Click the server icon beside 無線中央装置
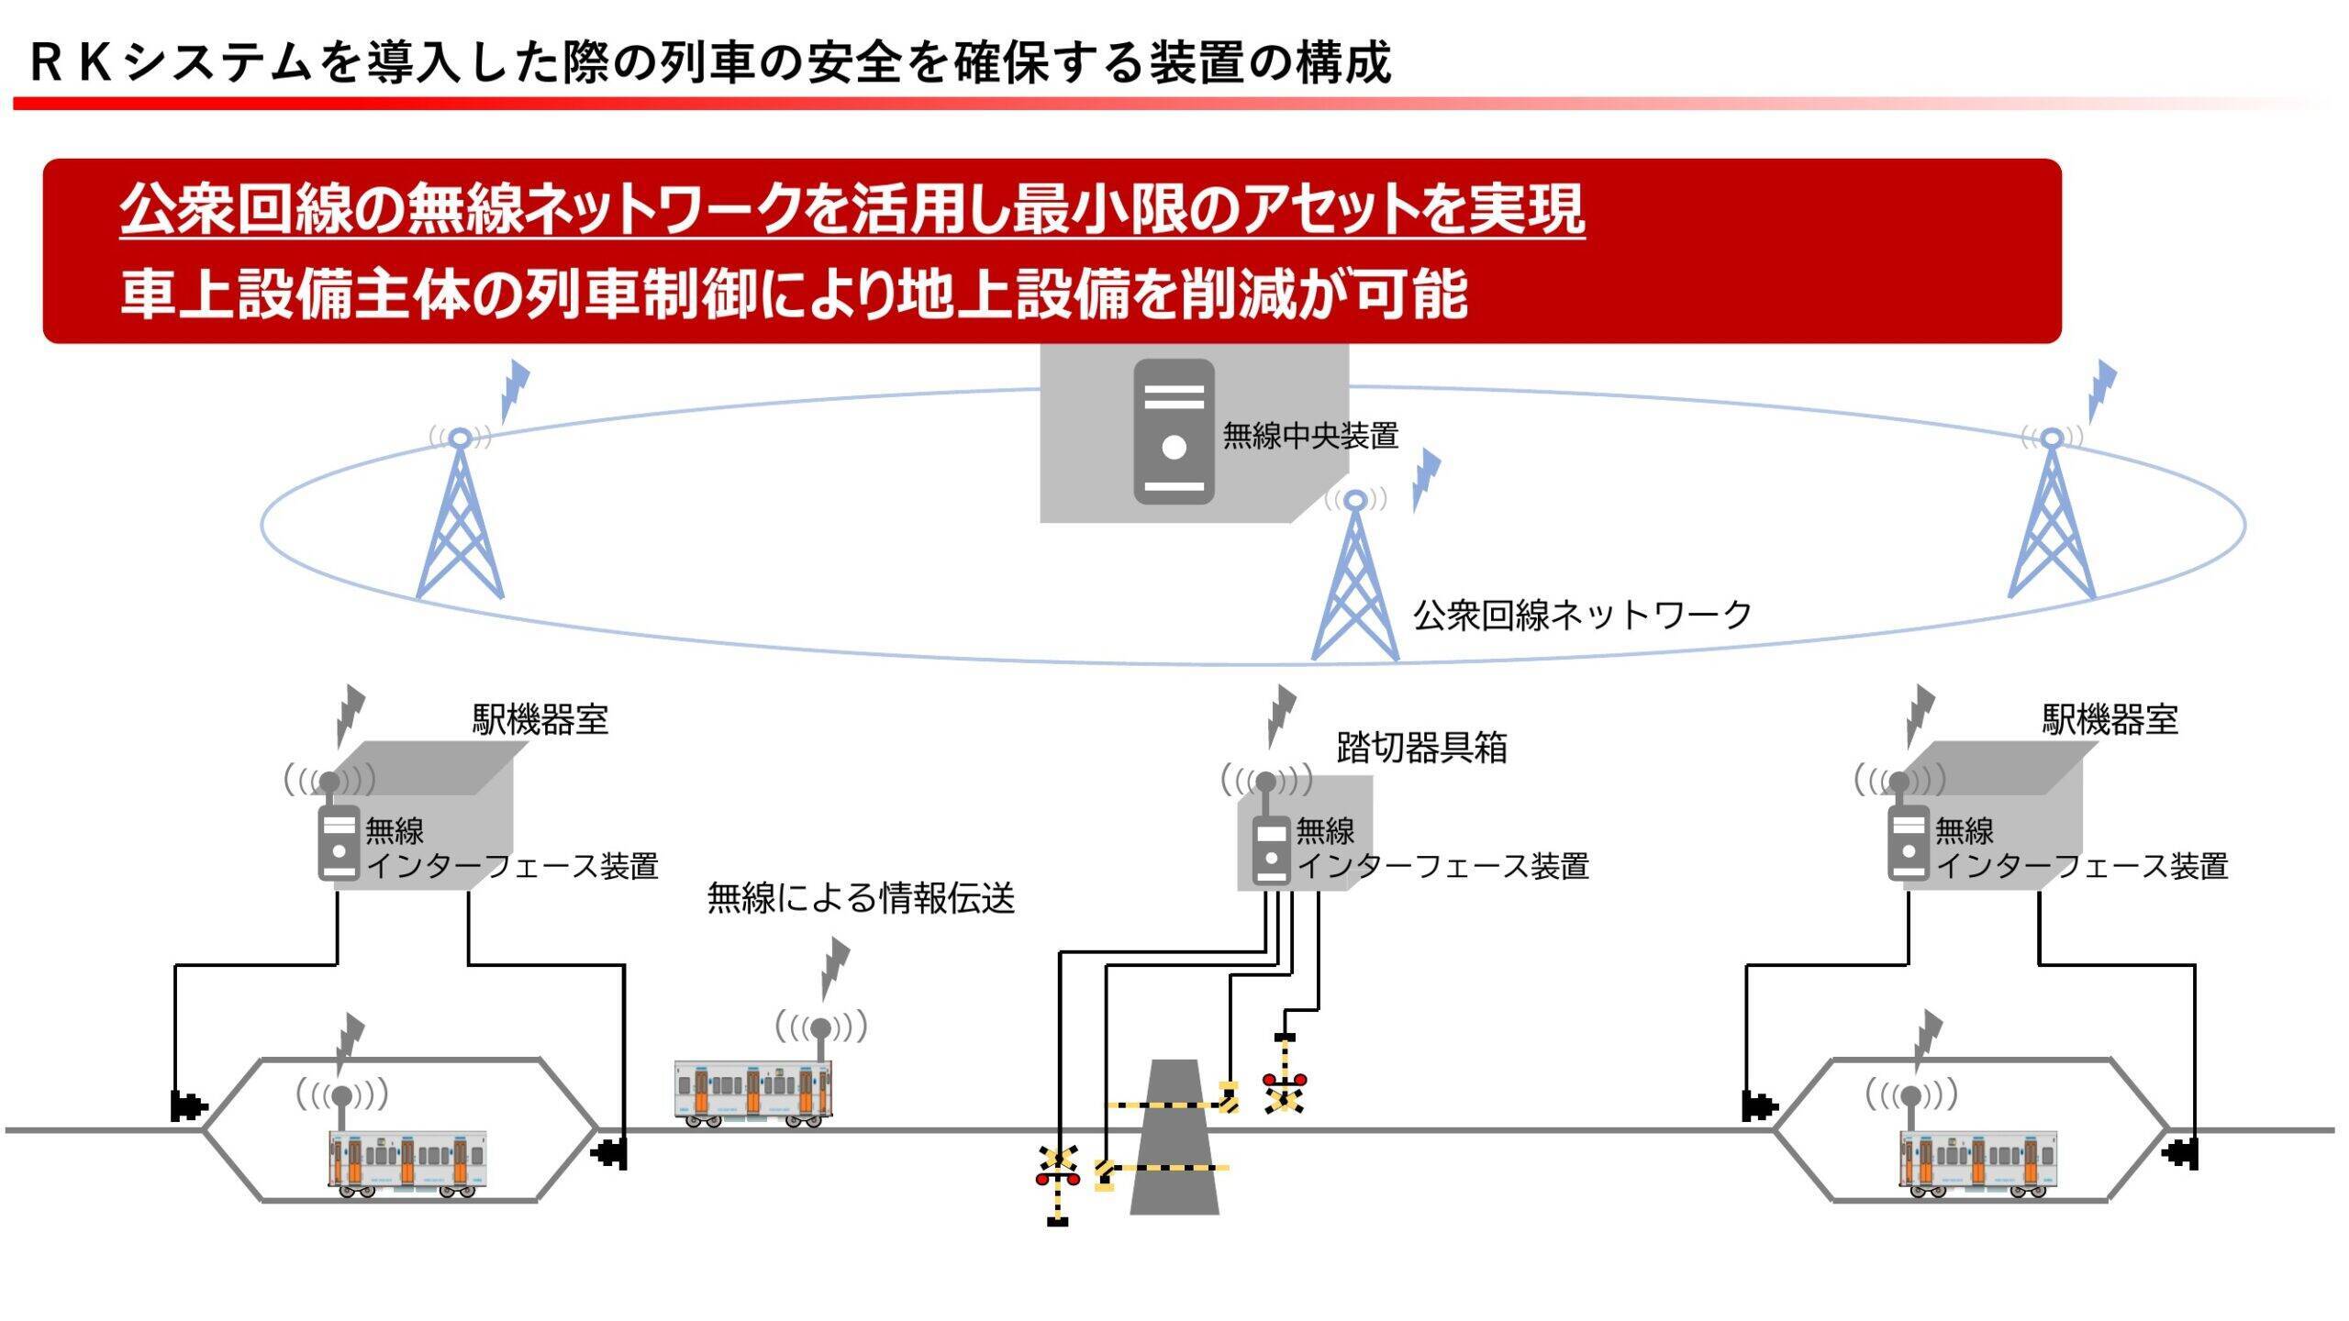1174,431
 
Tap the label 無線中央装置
1309,435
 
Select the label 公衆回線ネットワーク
1582,615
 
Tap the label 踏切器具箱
1421,748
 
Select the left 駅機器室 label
540,719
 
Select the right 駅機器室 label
2110,719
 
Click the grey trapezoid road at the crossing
1174,1138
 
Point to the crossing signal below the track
1056,1177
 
